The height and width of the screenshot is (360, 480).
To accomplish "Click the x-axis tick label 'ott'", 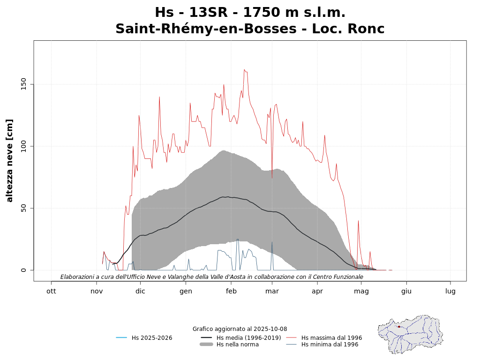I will [x=51, y=291].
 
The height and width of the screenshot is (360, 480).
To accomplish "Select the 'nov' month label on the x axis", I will [x=97, y=291].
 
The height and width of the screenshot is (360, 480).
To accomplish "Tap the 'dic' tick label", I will [x=140, y=291].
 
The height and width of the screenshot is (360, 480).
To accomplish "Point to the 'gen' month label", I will [x=186, y=291].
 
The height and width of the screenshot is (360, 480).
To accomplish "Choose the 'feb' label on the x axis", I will [x=231, y=291].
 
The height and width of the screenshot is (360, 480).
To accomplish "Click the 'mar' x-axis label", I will [x=272, y=291].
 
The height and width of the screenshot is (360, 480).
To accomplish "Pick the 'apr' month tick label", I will [x=317, y=291].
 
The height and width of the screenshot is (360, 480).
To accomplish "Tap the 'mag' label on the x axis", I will [x=361, y=291].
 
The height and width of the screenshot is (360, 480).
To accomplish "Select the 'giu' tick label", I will [x=406, y=291].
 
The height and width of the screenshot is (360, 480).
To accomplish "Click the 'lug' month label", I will [x=450, y=291].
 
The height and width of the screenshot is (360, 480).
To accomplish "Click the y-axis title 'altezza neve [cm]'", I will [x=10, y=160].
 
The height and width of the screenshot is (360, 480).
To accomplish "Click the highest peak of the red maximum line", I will [x=244, y=69].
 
